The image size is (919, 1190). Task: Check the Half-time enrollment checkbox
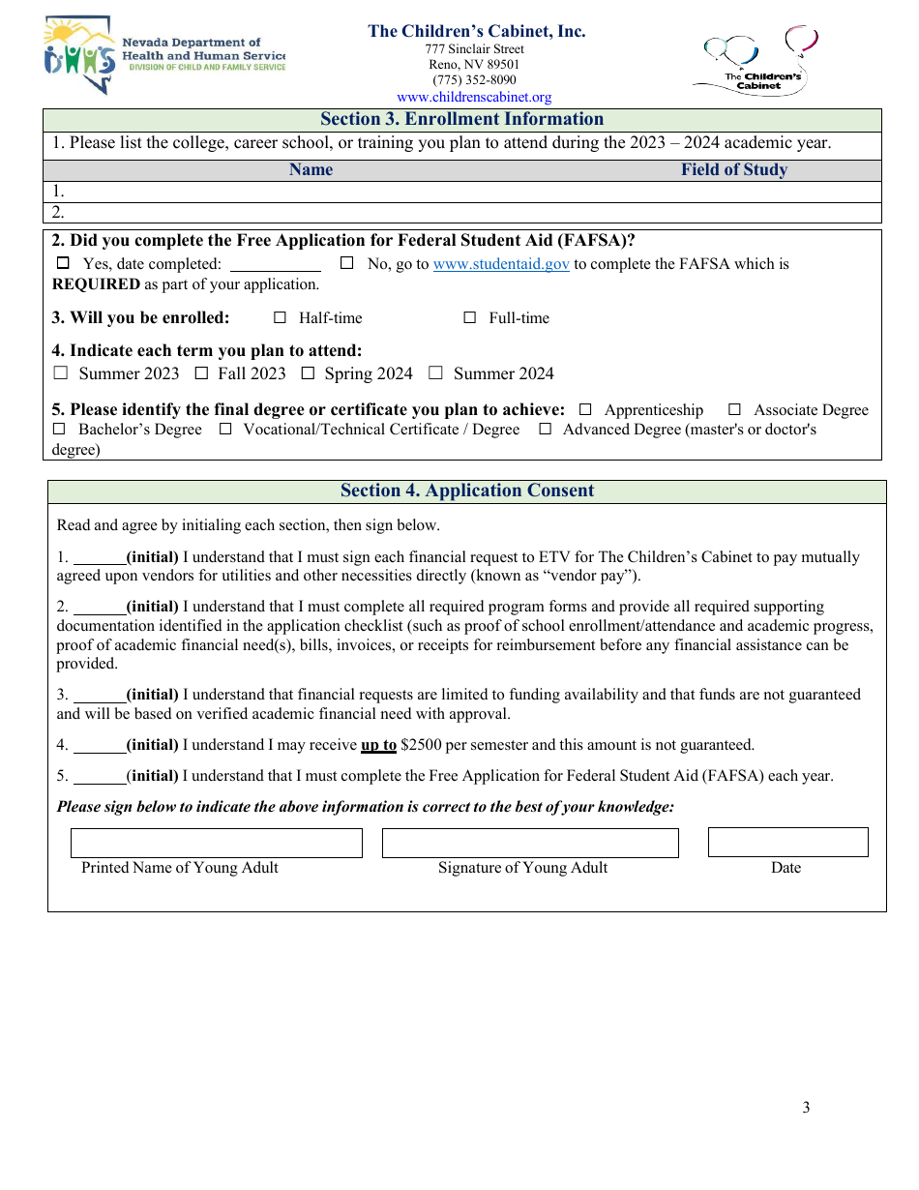click(x=281, y=317)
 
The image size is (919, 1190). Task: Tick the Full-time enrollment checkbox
click(x=470, y=317)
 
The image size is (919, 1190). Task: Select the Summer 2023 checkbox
click(x=60, y=373)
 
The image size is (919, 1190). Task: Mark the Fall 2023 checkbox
click(x=201, y=373)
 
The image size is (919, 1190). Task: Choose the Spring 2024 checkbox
click(x=308, y=373)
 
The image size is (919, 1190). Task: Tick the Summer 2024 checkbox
click(x=435, y=373)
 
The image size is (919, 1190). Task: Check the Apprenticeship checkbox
click(x=585, y=410)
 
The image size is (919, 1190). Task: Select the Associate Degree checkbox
click(x=735, y=410)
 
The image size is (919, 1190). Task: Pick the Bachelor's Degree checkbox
click(x=59, y=430)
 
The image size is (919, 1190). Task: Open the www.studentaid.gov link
click(x=501, y=264)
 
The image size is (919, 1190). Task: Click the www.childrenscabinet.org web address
click(x=474, y=97)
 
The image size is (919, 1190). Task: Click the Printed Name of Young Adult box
click(x=217, y=843)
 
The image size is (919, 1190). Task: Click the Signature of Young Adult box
click(x=530, y=843)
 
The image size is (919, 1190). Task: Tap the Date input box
click(x=787, y=842)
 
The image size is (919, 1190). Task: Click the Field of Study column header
click(x=733, y=170)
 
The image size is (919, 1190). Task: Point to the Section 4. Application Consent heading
click(x=467, y=491)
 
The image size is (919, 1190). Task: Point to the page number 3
click(x=806, y=1108)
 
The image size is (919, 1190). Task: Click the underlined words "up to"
click(x=378, y=745)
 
